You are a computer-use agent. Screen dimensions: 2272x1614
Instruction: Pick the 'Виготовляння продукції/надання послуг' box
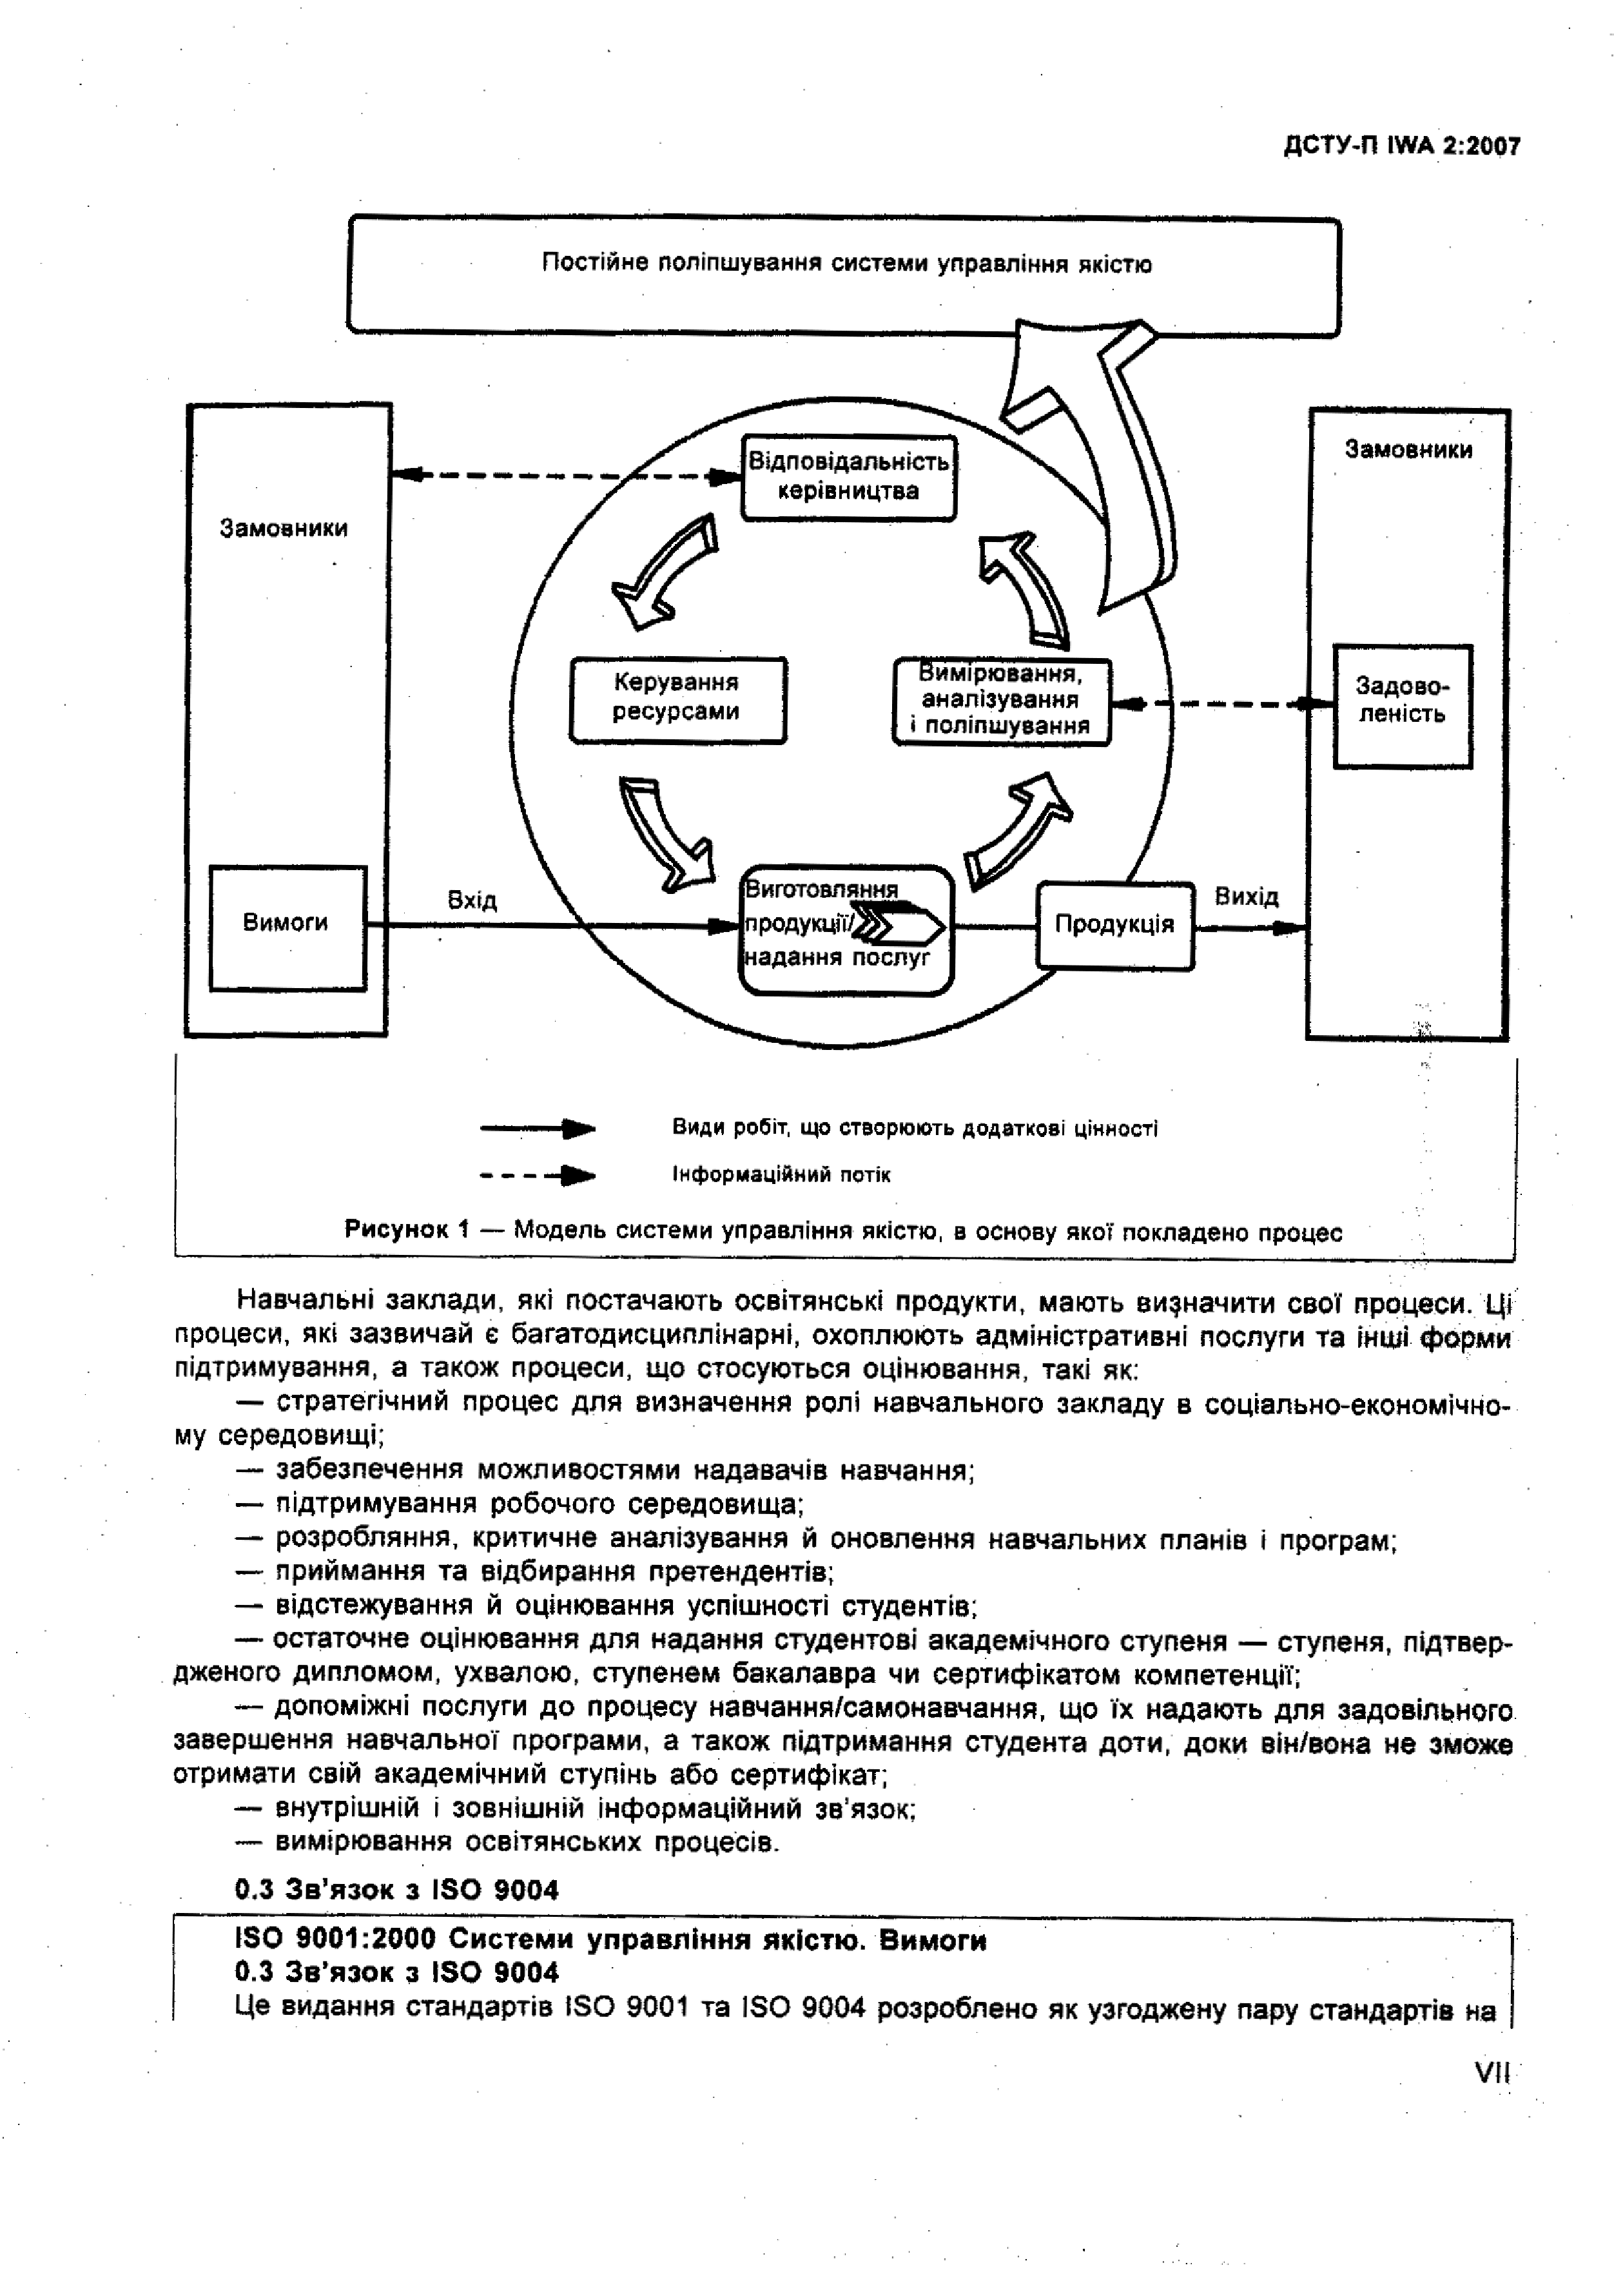click(846, 929)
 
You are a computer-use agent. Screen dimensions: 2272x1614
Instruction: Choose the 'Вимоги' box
click(286, 924)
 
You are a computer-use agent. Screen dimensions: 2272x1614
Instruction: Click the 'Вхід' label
click(472, 900)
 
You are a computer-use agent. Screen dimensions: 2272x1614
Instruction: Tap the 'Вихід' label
click(1247, 897)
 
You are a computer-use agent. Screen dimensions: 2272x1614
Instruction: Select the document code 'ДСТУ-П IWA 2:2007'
click(1401, 146)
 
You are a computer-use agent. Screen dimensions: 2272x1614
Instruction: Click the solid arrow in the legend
click(538, 1128)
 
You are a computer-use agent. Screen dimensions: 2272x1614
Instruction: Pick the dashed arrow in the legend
click(538, 1176)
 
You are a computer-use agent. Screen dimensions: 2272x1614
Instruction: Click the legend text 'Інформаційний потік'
click(781, 1176)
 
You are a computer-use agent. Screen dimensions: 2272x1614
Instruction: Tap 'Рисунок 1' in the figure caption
click(407, 1230)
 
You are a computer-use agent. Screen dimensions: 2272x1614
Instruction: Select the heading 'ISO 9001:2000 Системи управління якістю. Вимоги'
click(610, 1940)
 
